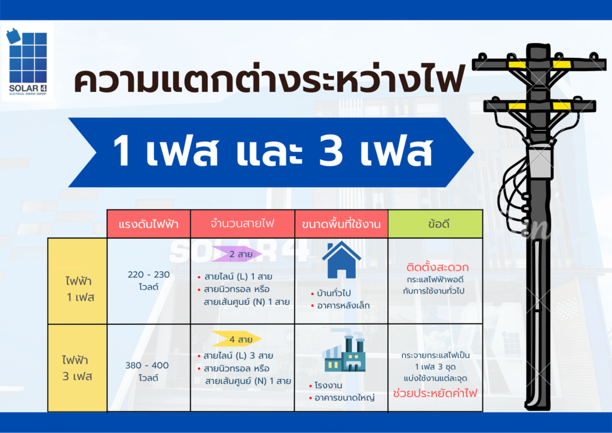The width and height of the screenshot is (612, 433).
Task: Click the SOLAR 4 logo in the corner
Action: (27, 62)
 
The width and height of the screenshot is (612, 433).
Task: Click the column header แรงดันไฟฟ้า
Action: (148, 224)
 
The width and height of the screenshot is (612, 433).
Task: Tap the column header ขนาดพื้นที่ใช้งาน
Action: (341, 224)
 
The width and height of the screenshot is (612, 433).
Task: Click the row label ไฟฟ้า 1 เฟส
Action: (80, 289)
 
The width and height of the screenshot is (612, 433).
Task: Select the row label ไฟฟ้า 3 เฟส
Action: (77, 368)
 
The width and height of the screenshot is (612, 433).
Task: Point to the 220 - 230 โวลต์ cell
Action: (149, 280)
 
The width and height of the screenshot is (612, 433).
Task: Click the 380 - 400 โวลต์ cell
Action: (147, 371)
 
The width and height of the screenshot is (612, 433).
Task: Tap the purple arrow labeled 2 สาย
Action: (237, 254)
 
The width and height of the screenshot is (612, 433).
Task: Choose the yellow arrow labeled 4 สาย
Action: (237, 339)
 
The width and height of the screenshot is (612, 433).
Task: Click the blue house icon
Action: (341, 260)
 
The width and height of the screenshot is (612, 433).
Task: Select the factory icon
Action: (344, 353)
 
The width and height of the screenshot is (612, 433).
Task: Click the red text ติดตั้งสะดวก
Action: (437, 267)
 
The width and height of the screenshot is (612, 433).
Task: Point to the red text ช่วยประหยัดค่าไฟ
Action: (435, 393)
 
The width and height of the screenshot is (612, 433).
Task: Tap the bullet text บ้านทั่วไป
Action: (334, 293)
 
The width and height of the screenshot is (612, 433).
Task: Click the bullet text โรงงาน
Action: (328, 385)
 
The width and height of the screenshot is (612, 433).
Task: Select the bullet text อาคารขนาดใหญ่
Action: (344, 398)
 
